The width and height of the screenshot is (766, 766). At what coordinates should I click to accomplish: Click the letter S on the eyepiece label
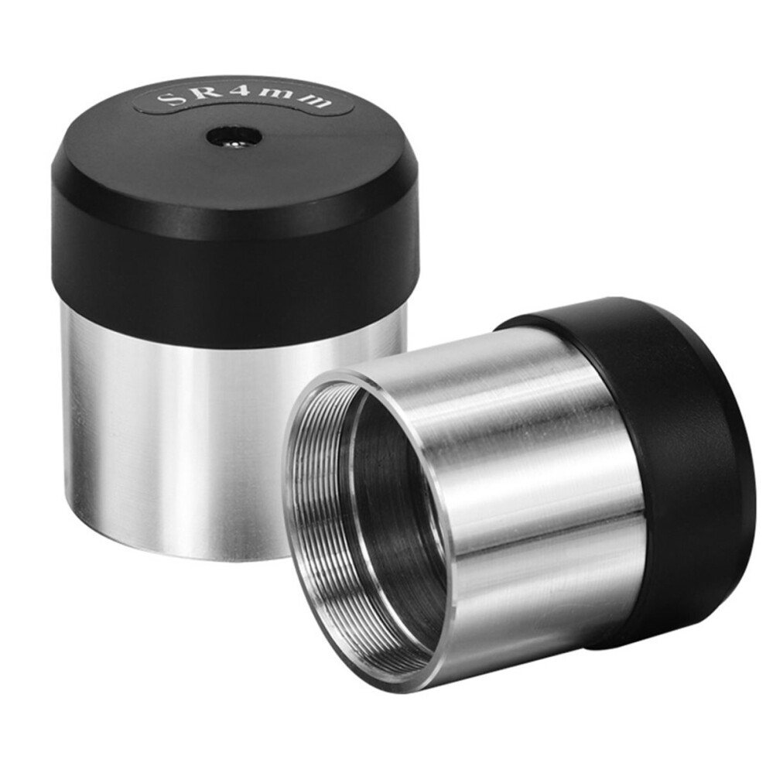pyautogui.click(x=166, y=99)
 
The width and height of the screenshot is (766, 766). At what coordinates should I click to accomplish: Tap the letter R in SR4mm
pyautogui.click(x=197, y=92)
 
